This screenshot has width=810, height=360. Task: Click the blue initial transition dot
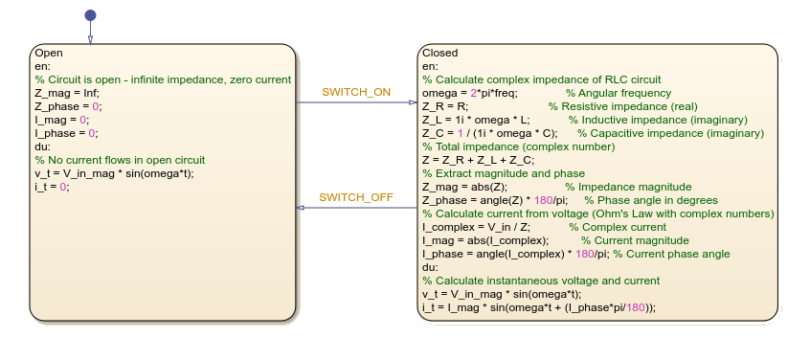click(x=90, y=15)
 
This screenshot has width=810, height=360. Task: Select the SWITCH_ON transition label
click(x=356, y=92)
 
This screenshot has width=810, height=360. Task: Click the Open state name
click(x=48, y=53)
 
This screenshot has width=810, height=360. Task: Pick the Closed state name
click(x=440, y=53)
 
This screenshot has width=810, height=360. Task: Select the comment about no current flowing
click(x=120, y=160)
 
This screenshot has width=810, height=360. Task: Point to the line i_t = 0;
click(x=52, y=187)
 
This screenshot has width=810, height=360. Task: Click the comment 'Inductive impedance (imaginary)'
click(x=651, y=120)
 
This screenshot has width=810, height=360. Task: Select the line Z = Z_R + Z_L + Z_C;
click(x=480, y=160)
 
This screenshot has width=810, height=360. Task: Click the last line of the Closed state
click(x=539, y=307)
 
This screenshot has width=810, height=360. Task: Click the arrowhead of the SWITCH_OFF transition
click(x=302, y=206)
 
